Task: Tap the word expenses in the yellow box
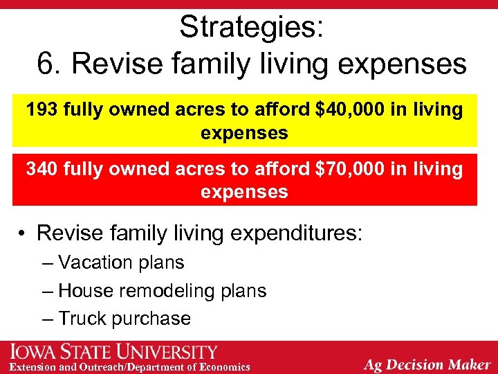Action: (244, 132)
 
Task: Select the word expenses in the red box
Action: (244, 192)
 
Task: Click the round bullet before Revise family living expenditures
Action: (23, 233)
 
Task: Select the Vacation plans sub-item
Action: (121, 262)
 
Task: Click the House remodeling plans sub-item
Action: (162, 291)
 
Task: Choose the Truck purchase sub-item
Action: (124, 319)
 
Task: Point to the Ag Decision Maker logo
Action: (427, 364)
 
